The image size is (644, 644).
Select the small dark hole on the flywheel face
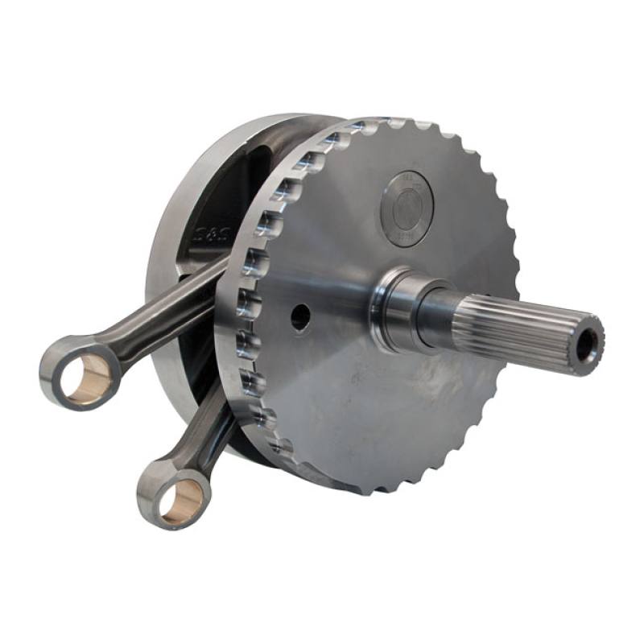click(x=300, y=317)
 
